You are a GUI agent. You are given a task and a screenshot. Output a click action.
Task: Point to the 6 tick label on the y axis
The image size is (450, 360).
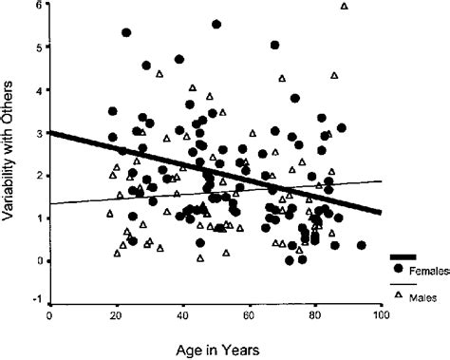click(x=38, y=5)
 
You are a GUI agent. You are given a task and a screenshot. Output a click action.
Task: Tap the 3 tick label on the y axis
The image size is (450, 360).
click(x=38, y=133)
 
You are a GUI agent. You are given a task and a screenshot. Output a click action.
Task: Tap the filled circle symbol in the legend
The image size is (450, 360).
click(x=399, y=269)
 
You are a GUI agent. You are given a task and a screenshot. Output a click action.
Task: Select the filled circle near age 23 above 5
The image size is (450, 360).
click(x=126, y=32)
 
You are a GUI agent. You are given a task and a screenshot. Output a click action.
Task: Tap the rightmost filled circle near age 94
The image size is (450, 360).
click(x=362, y=245)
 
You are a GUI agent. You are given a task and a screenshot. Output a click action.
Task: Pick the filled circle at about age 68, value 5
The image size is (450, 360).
click(x=275, y=45)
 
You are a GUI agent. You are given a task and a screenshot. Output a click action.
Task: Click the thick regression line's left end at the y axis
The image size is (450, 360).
click(x=49, y=132)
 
